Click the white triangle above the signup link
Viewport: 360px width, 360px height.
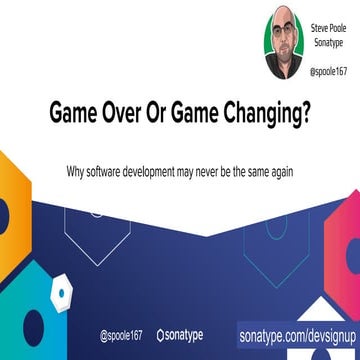[x=317, y=308]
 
